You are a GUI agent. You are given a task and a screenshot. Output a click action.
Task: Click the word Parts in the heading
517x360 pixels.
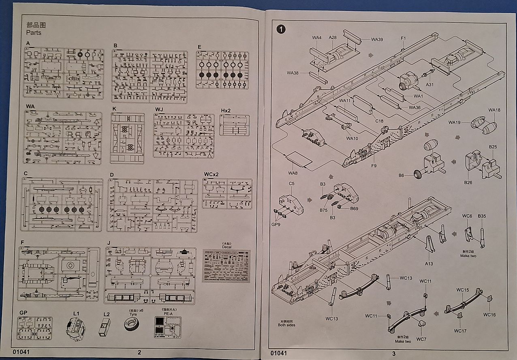pos(34,32)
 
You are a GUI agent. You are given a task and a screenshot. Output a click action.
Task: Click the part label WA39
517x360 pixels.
pos(376,39)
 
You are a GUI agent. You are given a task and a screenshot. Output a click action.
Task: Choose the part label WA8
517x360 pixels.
pos(293,173)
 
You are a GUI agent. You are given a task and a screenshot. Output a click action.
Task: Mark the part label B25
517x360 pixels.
pos(493,147)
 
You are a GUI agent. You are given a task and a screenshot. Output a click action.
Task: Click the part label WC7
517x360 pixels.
pos(421,339)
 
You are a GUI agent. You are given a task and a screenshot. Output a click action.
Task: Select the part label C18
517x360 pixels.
pos(379,121)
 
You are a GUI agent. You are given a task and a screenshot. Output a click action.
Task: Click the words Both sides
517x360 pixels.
pos(286,325)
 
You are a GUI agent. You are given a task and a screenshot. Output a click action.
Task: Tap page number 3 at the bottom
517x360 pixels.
pos(393,353)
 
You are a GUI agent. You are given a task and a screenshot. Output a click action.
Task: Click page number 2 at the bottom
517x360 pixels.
pos(139,352)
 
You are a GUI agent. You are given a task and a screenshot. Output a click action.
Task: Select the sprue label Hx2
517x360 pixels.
pos(225,110)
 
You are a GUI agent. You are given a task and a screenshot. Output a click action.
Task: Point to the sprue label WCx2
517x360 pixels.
pos(211,174)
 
